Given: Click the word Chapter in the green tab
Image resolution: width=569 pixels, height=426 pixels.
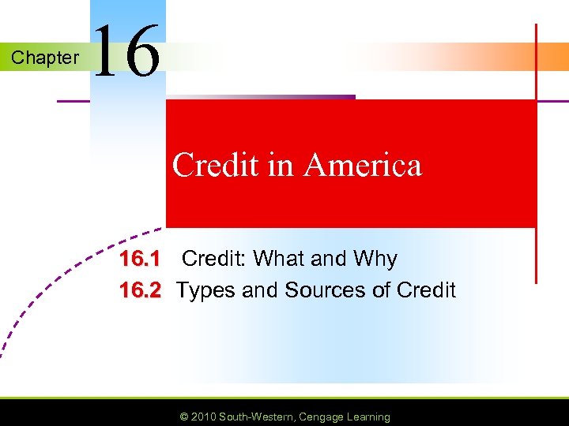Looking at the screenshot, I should click(45, 58).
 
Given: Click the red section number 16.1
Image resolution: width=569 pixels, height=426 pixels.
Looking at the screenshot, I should click(140, 259).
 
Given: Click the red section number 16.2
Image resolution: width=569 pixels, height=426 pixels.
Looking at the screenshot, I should click(140, 290).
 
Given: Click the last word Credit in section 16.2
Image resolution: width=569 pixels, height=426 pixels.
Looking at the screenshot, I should click(426, 290).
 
